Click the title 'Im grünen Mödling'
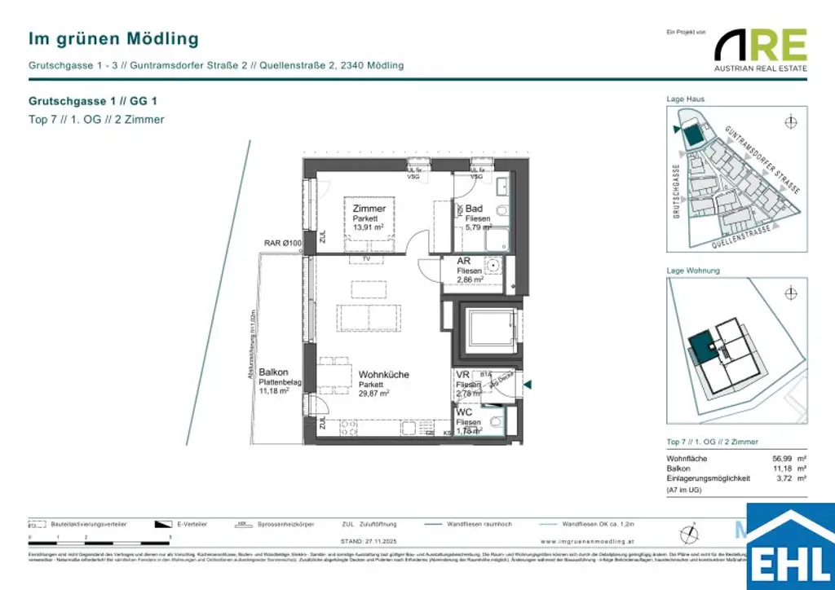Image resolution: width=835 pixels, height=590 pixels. [x=113, y=38]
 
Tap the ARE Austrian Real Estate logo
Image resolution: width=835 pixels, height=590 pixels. [x=760, y=49]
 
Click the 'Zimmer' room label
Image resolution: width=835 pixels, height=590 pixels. [x=369, y=209]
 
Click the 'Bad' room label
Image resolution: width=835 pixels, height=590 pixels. [x=474, y=209]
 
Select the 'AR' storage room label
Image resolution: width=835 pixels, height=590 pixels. [x=463, y=261]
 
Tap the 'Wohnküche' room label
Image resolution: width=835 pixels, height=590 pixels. [x=383, y=375]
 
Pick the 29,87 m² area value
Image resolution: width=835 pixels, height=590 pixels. [x=373, y=393]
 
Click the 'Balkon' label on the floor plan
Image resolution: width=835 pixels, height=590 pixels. [x=273, y=372]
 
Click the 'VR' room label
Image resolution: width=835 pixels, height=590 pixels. [x=462, y=375]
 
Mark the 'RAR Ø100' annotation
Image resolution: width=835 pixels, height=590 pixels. [x=283, y=243]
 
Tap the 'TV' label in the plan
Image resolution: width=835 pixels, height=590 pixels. [x=368, y=259]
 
